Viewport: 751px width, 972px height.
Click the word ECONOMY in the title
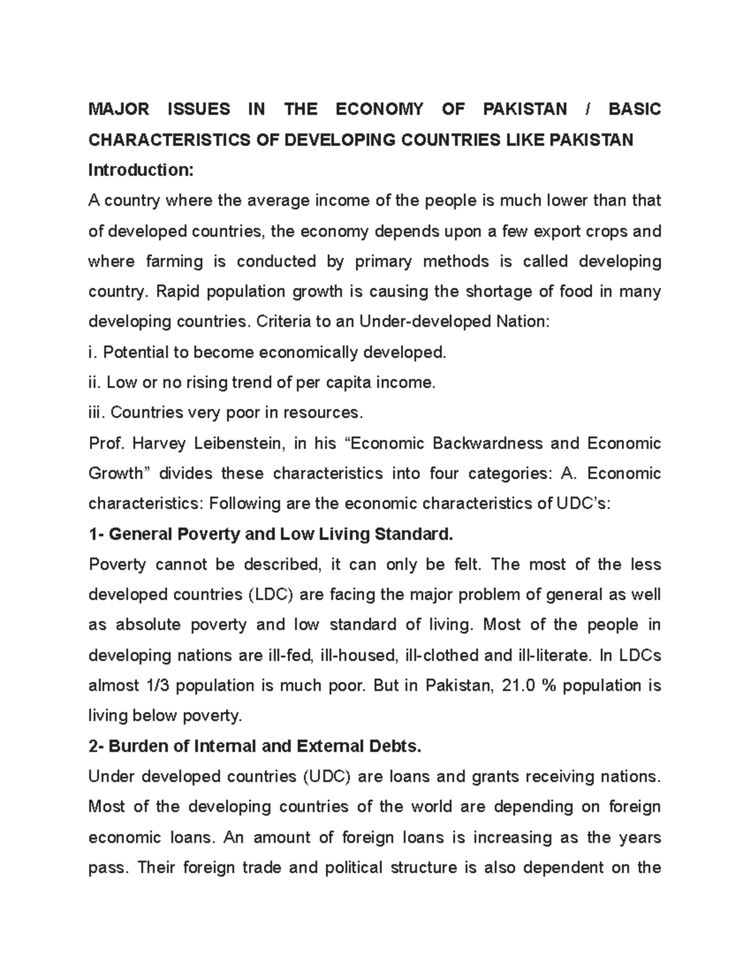pos(379,110)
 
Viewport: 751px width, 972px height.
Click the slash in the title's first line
pos(588,110)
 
